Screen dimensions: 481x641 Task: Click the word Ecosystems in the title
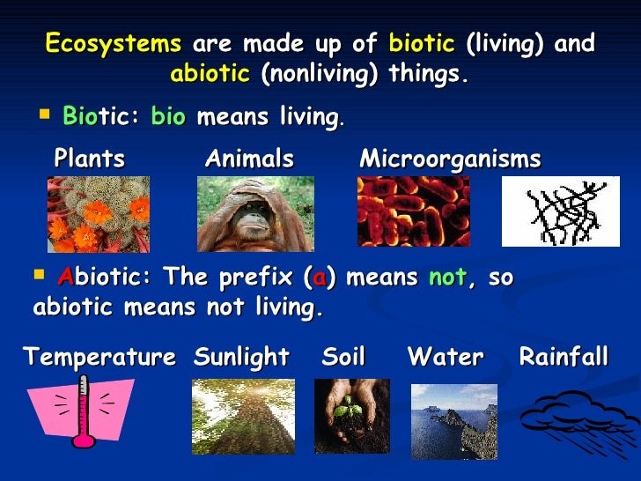click(113, 44)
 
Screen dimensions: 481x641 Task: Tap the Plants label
click(90, 159)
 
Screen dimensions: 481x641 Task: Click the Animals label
click(249, 159)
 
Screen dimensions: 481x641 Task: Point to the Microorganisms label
click(450, 159)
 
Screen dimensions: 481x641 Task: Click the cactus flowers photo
click(98, 214)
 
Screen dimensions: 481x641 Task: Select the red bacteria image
click(413, 211)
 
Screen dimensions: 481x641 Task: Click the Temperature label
click(99, 358)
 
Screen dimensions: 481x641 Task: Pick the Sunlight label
click(241, 358)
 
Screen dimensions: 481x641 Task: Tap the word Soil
click(343, 358)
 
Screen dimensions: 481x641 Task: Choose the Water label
click(446, 358)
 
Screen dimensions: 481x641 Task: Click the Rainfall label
click(564, 358)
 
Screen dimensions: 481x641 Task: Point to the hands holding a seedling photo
click(351, 416)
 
